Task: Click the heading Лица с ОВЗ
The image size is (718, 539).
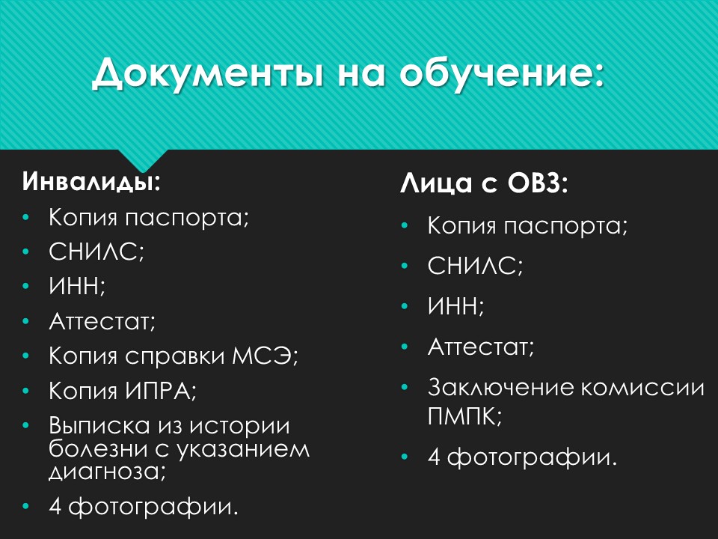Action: tap(485, 183)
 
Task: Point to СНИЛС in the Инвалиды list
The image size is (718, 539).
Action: tap(96, 252)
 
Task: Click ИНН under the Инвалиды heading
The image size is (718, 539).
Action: tap(77, 287)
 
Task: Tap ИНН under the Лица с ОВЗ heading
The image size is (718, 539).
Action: tap(455, 306)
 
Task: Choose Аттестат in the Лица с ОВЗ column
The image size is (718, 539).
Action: tap(481, 347)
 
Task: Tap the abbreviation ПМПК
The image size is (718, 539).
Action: tap(464, 416)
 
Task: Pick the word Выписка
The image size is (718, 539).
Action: tap(99, 426)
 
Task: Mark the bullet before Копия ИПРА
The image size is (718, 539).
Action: tap(28, 391)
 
